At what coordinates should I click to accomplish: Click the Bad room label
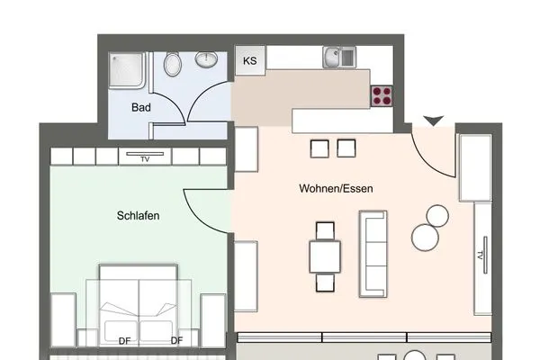[x=140, y=107]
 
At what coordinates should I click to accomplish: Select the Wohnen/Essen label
[x=336, y=189]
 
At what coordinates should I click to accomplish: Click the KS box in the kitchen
[x=249, y=61]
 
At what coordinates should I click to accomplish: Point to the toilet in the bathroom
[x=173, y=64]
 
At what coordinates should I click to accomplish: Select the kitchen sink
[x=341, y=58]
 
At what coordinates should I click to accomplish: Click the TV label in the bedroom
[x=144, y=158]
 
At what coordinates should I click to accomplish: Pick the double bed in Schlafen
[x=139, y=306]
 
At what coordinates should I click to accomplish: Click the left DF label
[x=123, y=340]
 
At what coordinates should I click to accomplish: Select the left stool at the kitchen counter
[x=319, y=148]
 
